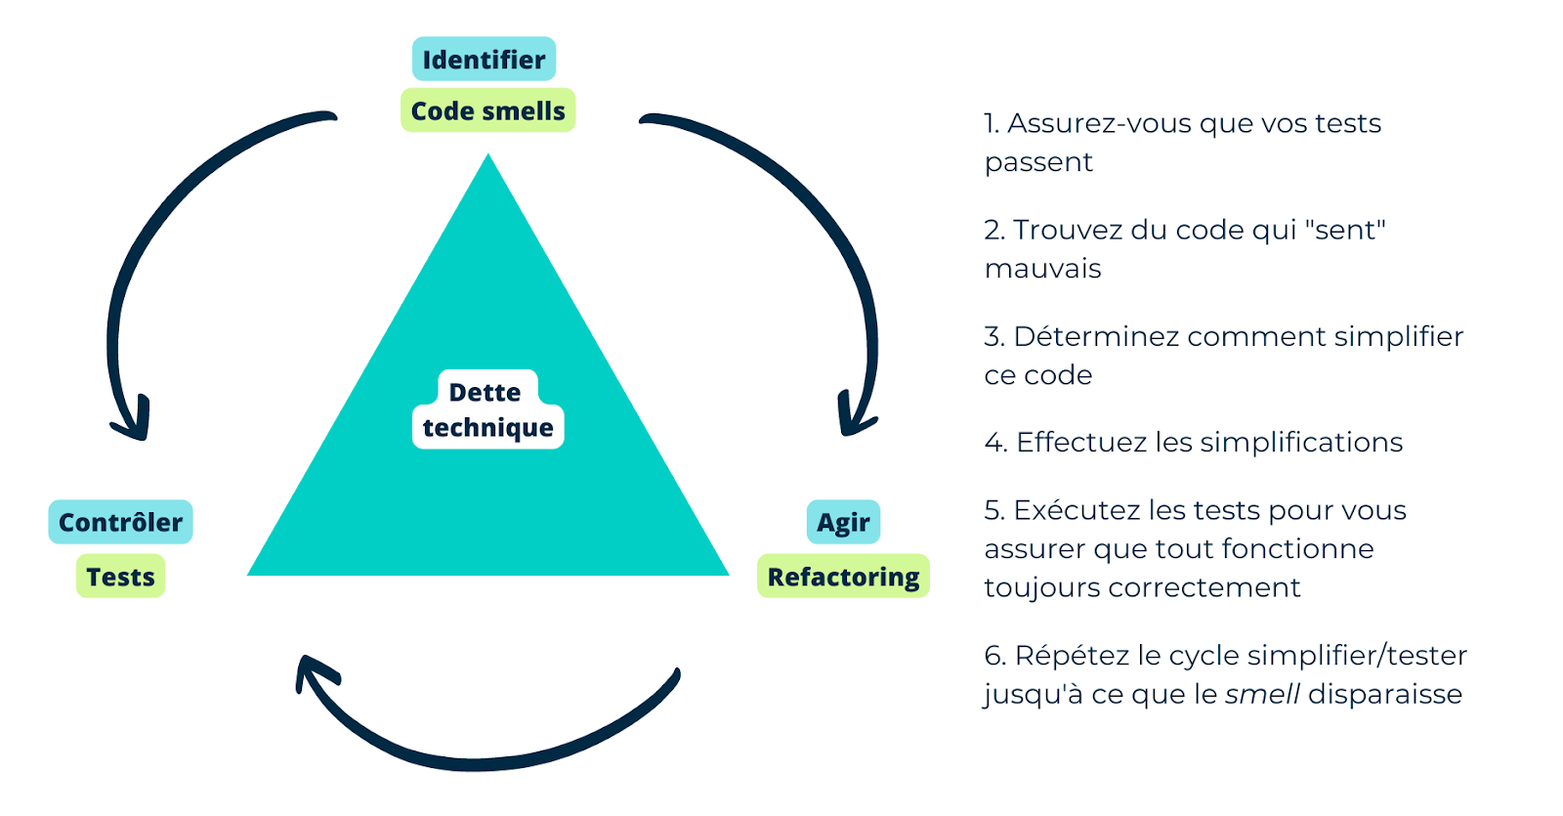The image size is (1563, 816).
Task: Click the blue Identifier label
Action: [484, 60]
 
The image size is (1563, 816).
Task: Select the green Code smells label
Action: [487, 110]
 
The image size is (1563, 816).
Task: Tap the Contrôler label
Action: [120, 523]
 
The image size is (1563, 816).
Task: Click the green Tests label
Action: [120, 577]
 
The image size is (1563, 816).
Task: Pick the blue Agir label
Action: [843, 523]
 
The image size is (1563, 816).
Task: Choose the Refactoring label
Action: [843, 577]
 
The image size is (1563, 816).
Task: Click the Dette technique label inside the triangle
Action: [487, 410]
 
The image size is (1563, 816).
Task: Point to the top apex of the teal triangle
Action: [488, 159]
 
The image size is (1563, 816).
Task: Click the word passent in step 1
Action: [1038, 162]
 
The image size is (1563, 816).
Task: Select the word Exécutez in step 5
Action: [1077, 510]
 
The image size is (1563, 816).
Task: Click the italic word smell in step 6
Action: [1262, 695]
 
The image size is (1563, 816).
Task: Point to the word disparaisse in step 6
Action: [1385, 695]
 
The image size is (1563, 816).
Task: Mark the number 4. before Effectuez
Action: [995, 443]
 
